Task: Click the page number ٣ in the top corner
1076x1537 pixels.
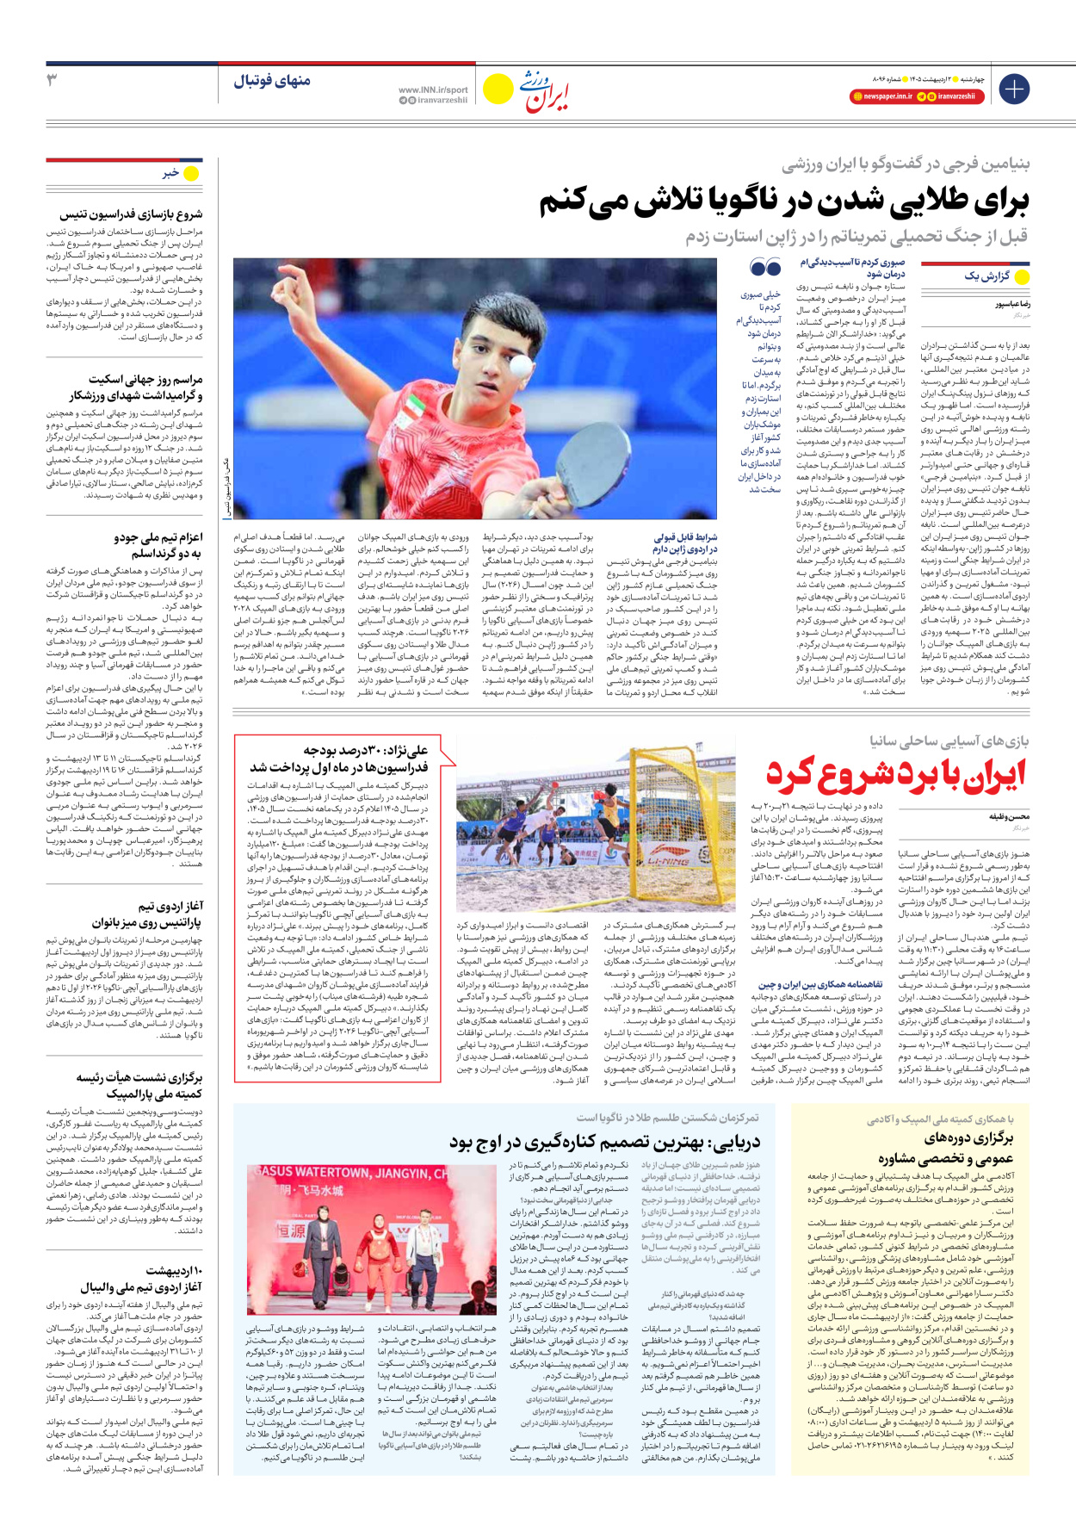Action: coord(52,80)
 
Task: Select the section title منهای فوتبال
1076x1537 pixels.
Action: coord(271,81)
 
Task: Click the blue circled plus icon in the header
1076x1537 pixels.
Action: coord(1014,89)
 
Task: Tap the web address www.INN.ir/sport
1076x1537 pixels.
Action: coord(433,90)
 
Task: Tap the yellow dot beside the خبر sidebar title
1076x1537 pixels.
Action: coord(191,173)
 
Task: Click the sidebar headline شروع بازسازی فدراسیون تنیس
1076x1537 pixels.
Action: coord(131,214)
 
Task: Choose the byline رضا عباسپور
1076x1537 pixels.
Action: coord(1012,305)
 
